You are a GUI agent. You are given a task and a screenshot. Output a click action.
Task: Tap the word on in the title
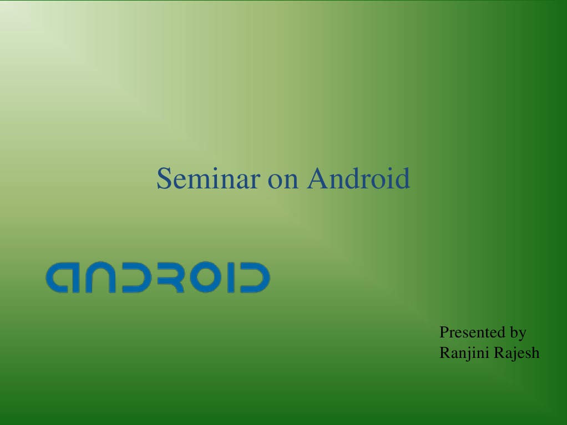tap(283, 182)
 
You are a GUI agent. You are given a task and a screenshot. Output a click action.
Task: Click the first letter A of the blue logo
tap(62, 277)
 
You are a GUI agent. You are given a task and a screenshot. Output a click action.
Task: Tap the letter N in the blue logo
tap(100, 277)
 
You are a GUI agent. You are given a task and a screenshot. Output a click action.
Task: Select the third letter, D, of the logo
tap(139, 277)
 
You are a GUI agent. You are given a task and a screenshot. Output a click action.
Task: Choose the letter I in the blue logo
tap(232, 277)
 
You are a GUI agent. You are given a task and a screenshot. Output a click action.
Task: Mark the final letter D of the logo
tap(255, 277)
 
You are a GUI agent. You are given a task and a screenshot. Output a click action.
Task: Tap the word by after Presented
tap(518, 334)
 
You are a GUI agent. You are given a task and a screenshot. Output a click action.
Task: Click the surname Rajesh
tap(517, 353)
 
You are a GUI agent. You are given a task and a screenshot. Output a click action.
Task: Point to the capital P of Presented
tap(444, 332)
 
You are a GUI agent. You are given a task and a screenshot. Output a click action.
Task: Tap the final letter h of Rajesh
tap(535, 352)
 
